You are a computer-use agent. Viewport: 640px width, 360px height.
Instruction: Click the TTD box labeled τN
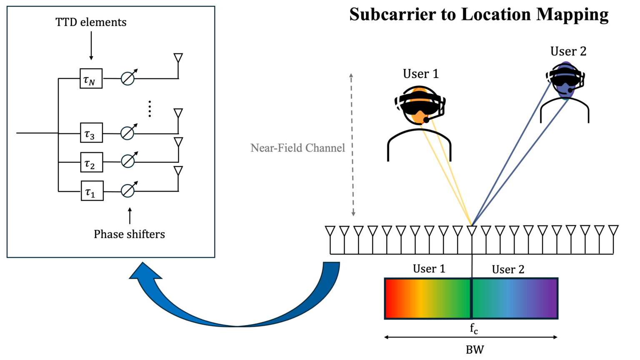91,79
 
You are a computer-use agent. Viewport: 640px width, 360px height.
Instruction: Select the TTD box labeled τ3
91,133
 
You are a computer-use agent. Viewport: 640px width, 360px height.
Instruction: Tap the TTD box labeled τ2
91,162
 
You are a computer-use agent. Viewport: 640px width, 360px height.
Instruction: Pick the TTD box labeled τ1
92,191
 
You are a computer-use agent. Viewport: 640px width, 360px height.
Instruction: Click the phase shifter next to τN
128,78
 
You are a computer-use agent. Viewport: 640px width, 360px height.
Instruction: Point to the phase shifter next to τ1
128,191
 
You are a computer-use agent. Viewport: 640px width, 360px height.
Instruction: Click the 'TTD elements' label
91,22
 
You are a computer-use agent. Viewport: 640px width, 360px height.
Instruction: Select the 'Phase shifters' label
129,234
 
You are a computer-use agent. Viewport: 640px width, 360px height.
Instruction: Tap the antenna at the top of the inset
178,58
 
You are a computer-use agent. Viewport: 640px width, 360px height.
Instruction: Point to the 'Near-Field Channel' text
297,148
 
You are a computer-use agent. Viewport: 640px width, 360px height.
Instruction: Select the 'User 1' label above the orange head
420,74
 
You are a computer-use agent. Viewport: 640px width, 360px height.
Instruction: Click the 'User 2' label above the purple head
568,52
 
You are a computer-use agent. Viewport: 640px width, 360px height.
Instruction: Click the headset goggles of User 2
565,78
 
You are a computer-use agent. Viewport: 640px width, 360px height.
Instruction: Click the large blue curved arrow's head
144,273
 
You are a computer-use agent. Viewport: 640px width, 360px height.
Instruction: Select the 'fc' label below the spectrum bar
474,329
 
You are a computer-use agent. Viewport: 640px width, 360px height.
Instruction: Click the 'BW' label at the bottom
475,350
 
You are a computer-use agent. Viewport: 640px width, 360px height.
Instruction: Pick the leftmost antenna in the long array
330,231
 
